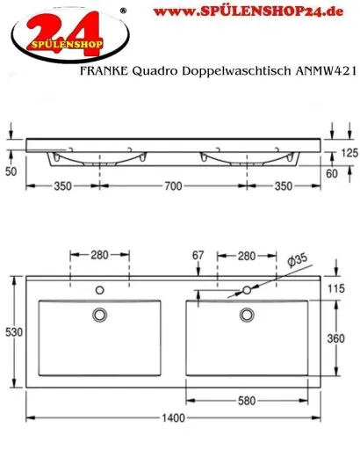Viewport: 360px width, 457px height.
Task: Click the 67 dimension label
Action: pos(198,256)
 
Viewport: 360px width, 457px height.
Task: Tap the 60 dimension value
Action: pos(344,174)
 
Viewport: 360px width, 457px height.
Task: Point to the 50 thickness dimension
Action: pos(11,171)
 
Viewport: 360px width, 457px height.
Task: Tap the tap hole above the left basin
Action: pos(98,289)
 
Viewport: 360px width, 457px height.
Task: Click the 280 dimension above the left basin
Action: pos(98,256)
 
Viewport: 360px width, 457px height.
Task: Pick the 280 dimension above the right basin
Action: pos(248,256)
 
